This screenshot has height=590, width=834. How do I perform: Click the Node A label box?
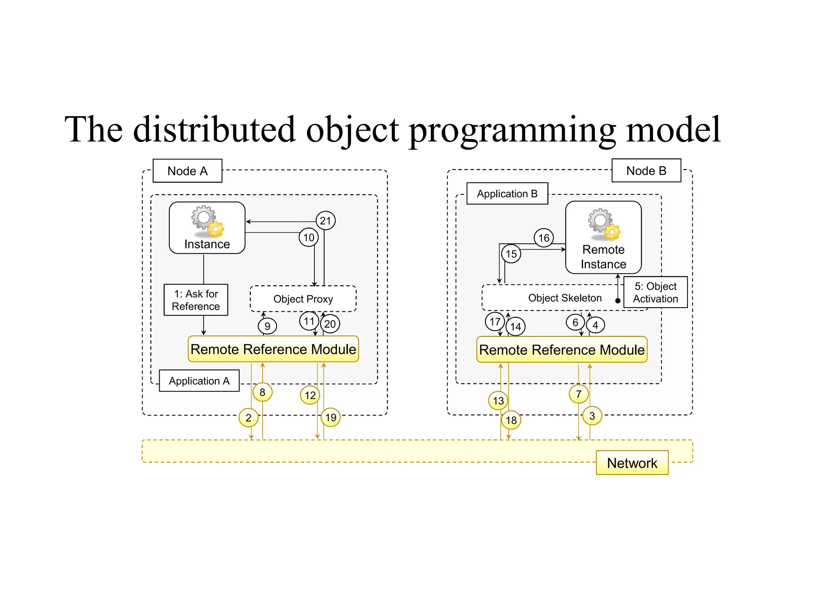[x=187, y=171]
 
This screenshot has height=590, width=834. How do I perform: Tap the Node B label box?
[x=646, y=170]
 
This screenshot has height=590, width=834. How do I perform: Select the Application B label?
[x=507, y=194]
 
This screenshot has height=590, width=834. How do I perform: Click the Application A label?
[x=199, y=381]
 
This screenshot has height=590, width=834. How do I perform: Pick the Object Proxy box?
[x=303, y=299]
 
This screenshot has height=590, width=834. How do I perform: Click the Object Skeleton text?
[x=564, y=298]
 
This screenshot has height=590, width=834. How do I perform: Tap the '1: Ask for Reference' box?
[x=195, y=300]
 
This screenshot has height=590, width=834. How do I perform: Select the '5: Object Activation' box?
[x=655, y=292]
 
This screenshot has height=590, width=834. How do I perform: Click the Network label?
[x=632, y=463]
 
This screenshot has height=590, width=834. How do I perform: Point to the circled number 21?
[x=325, y=221]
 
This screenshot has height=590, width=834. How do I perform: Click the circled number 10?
[x=309, y=237]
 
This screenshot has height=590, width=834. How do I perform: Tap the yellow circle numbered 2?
[x=248, y=417]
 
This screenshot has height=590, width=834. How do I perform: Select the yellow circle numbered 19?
[x=331, y=417]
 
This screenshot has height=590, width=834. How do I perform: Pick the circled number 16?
[x=544, y=238]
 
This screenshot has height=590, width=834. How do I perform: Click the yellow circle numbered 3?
[x=592, y=416]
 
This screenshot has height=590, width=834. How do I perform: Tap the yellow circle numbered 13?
[x=498, y=401]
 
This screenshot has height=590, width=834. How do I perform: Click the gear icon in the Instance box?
[x=208, y=221]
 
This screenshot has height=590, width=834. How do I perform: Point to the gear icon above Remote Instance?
[x=604, y=224]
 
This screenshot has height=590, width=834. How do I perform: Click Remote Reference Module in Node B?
[x=562, y=350]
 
